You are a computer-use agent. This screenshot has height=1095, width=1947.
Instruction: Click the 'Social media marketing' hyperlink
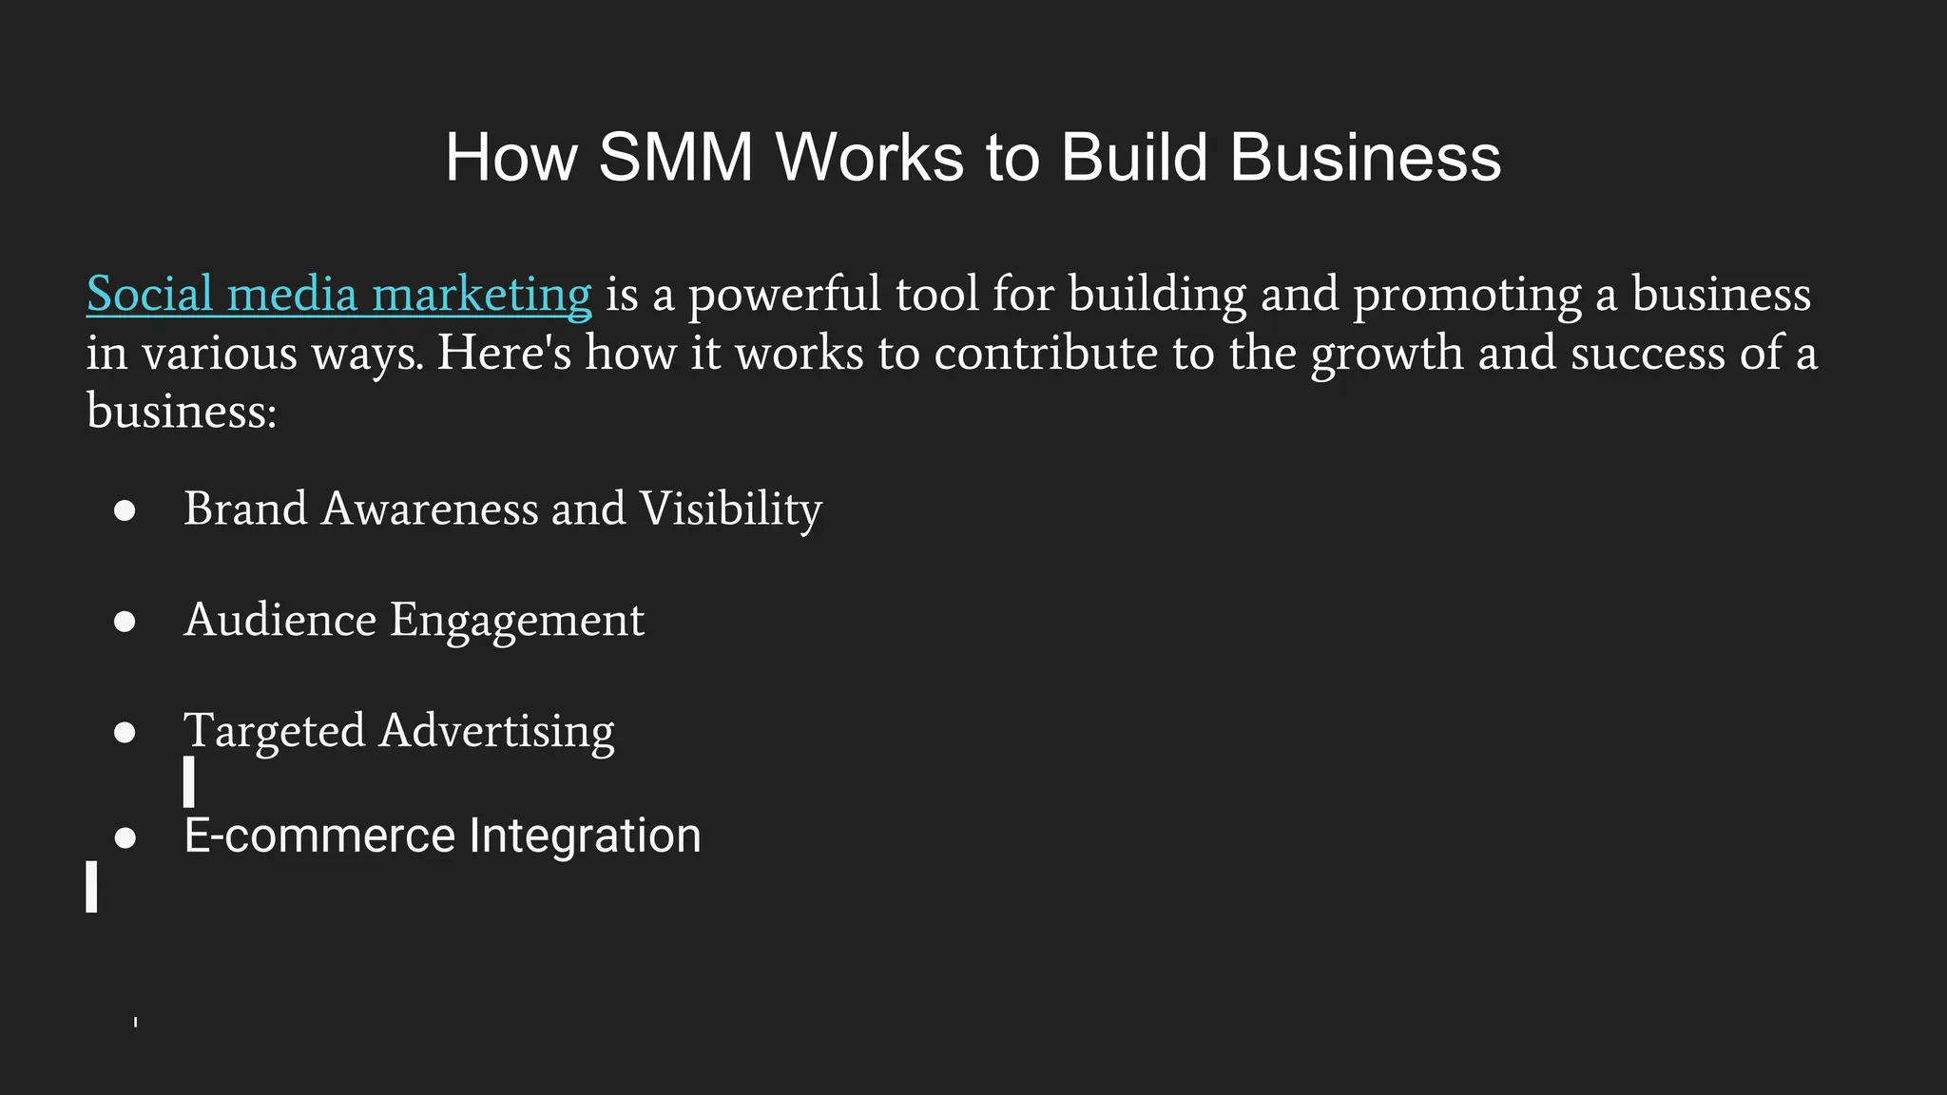[x=338, y=295]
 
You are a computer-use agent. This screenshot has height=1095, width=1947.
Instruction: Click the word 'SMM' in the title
[x=675, y=157]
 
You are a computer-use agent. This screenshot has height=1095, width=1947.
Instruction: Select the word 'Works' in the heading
[x=869, y=157]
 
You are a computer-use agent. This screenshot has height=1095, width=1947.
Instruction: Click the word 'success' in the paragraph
[x=1648, y=354]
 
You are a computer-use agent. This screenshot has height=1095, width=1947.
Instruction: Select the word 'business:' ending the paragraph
[x=182, y=412]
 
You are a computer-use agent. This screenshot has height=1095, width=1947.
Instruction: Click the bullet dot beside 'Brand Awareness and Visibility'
[x=125, y=511]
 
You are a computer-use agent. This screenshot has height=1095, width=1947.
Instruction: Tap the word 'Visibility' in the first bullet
[x=730, y=509]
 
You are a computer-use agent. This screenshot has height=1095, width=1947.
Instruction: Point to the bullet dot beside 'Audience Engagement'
[x=125, y=622]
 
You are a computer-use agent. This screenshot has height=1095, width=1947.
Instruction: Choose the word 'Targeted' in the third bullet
[x=274, y=732]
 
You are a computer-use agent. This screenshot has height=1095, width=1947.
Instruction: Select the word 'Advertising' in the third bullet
[x=496, y=732]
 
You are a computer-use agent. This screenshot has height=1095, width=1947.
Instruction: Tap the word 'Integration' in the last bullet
[x=585, y=836]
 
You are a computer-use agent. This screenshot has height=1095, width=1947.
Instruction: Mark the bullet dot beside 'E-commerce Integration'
[x=125, y=838]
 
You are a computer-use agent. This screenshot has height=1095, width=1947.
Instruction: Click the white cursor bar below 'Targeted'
[x=189, y=781]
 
